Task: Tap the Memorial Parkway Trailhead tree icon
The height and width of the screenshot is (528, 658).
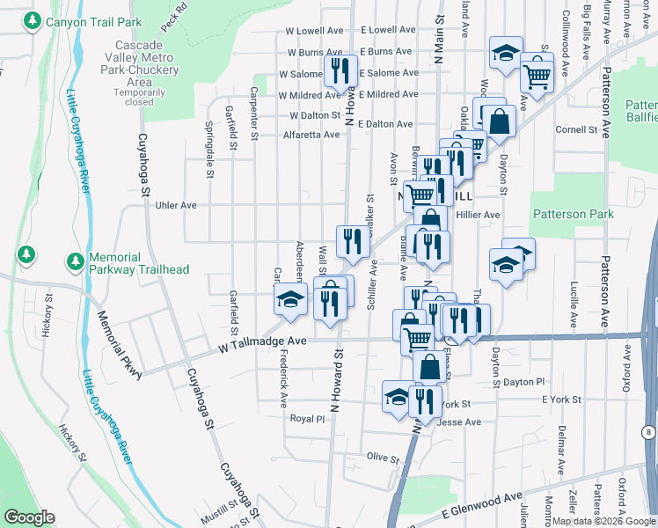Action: [x=76, y=261]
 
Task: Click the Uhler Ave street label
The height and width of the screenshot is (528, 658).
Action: [x=175, y=205]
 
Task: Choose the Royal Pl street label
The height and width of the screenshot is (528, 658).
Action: [x=308, y=419]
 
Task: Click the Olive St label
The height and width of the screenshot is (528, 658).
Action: [x=384, y=458]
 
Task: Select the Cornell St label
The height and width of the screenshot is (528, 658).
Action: [x=577, y=129]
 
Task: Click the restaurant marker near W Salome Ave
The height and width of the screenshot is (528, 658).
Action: [x=340, y=70]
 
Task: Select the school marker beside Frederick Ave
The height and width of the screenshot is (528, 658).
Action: [x=290, y=299]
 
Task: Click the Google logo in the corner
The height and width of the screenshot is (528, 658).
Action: [x=28, y=517]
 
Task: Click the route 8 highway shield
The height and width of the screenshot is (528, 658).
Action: [x=648, y=432]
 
